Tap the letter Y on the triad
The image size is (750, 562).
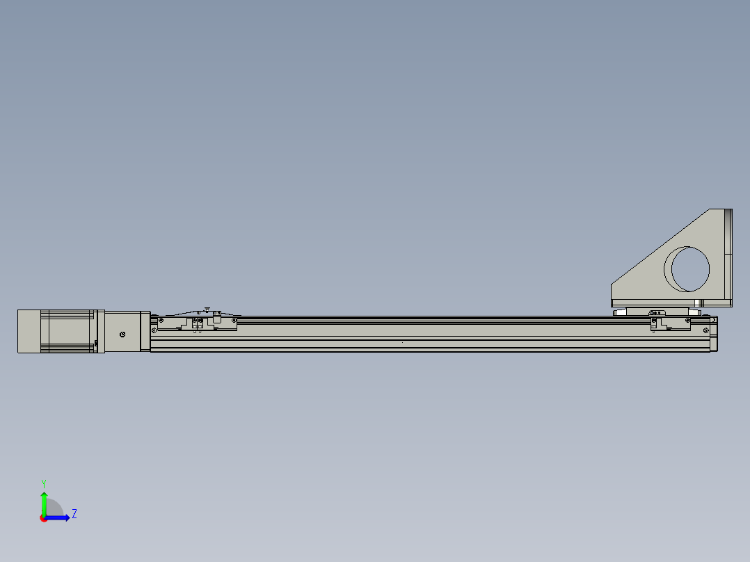[43, 483]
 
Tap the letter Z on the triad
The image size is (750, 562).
[74, 514]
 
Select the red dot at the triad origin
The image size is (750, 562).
[44, 518]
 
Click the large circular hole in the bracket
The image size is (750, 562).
[689, 268]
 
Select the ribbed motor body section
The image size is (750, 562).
[67, 331]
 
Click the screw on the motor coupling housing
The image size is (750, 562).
[122, 335]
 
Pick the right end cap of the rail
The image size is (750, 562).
[714, 334]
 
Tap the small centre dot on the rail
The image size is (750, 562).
[402, 342]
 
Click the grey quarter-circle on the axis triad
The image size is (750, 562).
[56, 508]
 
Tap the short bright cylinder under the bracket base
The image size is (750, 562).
[698, 302]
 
